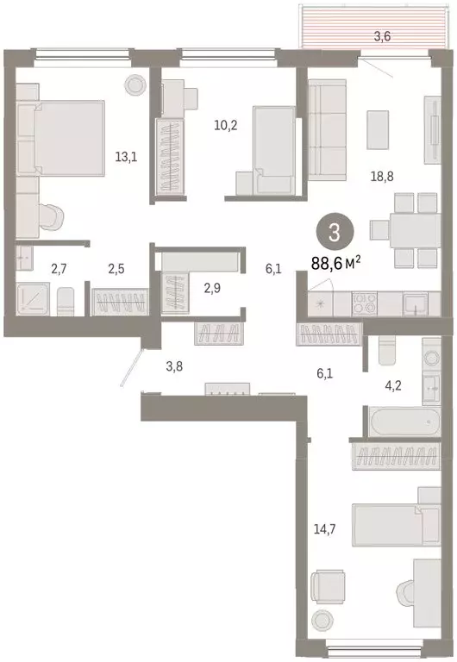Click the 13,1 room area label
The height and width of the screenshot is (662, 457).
click(126, 157)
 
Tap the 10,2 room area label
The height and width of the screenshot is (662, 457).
click(227, 124)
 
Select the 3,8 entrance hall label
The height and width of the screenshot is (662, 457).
click(175, 365)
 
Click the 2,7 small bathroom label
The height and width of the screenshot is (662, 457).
click(59, 269)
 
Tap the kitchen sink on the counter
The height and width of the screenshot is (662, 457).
click(414, 303)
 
